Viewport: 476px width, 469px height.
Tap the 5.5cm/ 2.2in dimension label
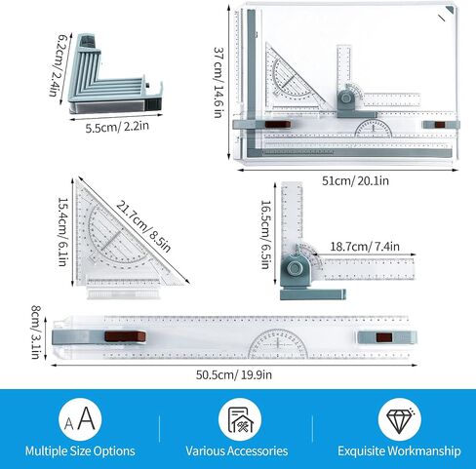tap(117, 127)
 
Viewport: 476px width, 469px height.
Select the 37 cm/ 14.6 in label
tap(218, 82)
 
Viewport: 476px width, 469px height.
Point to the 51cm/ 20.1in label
tap(355, 180)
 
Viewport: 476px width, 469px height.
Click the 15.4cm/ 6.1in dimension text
tap(62, 232)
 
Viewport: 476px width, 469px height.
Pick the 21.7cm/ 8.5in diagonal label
tap(143, 226)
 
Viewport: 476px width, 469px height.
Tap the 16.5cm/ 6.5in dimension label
tap(266, 235)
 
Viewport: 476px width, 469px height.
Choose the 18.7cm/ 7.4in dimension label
tap(365, 247)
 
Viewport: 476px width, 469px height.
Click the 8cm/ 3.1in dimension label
tap(36, 332)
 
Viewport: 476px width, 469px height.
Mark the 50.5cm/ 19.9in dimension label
tap(234, 374)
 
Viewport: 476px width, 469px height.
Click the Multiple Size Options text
tap(80, 451)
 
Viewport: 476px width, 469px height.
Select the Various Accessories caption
tap(237, 451)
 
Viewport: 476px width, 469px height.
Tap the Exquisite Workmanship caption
tap(399, 451)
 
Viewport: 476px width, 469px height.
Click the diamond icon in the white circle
tap(400, 419)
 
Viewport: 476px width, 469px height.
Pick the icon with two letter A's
tap(80, 419)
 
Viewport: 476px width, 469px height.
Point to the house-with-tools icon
tap(240, 420)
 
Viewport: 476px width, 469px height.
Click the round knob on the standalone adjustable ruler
tap(295, 268)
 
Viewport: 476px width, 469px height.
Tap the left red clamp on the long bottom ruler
tap(125, 336)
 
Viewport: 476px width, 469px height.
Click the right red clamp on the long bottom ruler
tap(384, 337)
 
